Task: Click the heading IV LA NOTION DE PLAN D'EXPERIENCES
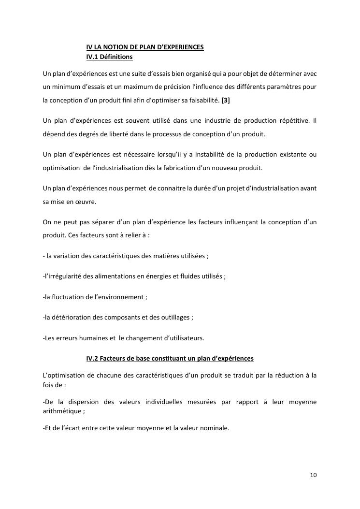(x=144, y=47)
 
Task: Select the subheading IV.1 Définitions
(x=109, y=57)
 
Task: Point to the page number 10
(x=313, y=475)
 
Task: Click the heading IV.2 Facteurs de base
(x=170, y=359)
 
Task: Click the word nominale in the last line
(x=215, y=427)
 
